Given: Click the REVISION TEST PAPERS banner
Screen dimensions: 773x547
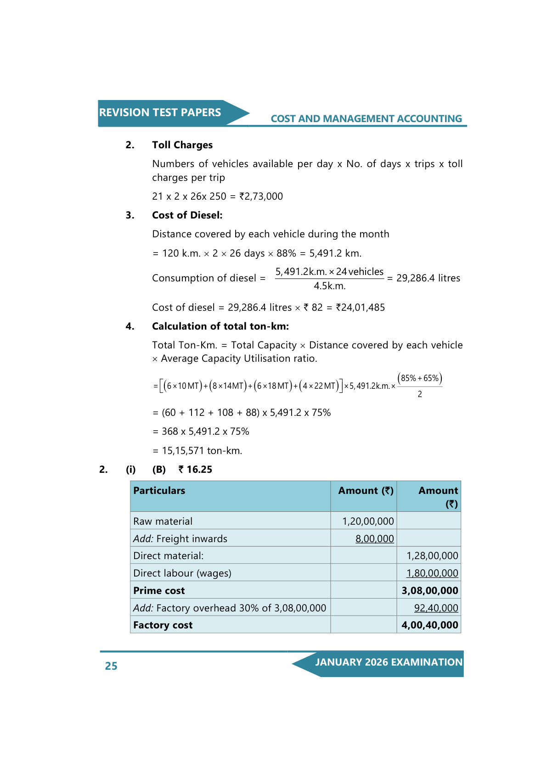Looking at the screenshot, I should (x=160, y=112).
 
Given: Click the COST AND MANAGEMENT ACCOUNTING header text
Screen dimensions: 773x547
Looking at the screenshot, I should (x=366, y=119).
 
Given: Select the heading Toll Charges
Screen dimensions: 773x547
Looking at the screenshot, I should (x=182, y=145).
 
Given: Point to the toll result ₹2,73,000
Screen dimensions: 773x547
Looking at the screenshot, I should (x=261, y=196).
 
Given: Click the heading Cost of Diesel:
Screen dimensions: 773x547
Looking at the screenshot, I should (x=187, y=215).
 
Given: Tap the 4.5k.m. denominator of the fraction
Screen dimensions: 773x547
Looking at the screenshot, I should (x=329, y=286).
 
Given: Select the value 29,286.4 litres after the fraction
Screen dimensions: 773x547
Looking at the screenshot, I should (x=428, y=278).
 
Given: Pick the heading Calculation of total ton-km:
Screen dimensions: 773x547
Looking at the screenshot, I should (x=220, y=326).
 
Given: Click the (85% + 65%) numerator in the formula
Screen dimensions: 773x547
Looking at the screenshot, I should (x=420, y=378).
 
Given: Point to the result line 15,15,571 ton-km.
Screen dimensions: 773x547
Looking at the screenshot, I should (x=202, y=451).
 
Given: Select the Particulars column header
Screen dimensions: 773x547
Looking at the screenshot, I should (x=159, y=491).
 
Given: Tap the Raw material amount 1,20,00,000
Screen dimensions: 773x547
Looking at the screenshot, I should (x=368, y=521).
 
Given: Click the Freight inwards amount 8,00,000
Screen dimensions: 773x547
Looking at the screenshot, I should (x=374, y=539).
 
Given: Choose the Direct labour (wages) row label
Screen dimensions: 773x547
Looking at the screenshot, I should (x=182, y=573).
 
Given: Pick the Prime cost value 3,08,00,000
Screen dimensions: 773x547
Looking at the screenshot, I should (x=429, y=591).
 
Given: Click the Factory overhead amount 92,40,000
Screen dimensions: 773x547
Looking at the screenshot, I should (x=436, y=608).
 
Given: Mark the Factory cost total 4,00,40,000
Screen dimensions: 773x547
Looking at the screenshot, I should (x=429, y=625).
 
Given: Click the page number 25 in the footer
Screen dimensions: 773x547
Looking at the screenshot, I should (x=111, y=666).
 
